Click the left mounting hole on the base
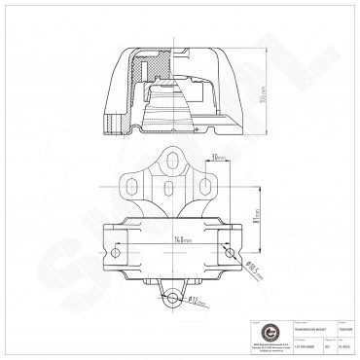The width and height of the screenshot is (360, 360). click(117, 252)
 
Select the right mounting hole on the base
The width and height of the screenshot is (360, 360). click(228, 252)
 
